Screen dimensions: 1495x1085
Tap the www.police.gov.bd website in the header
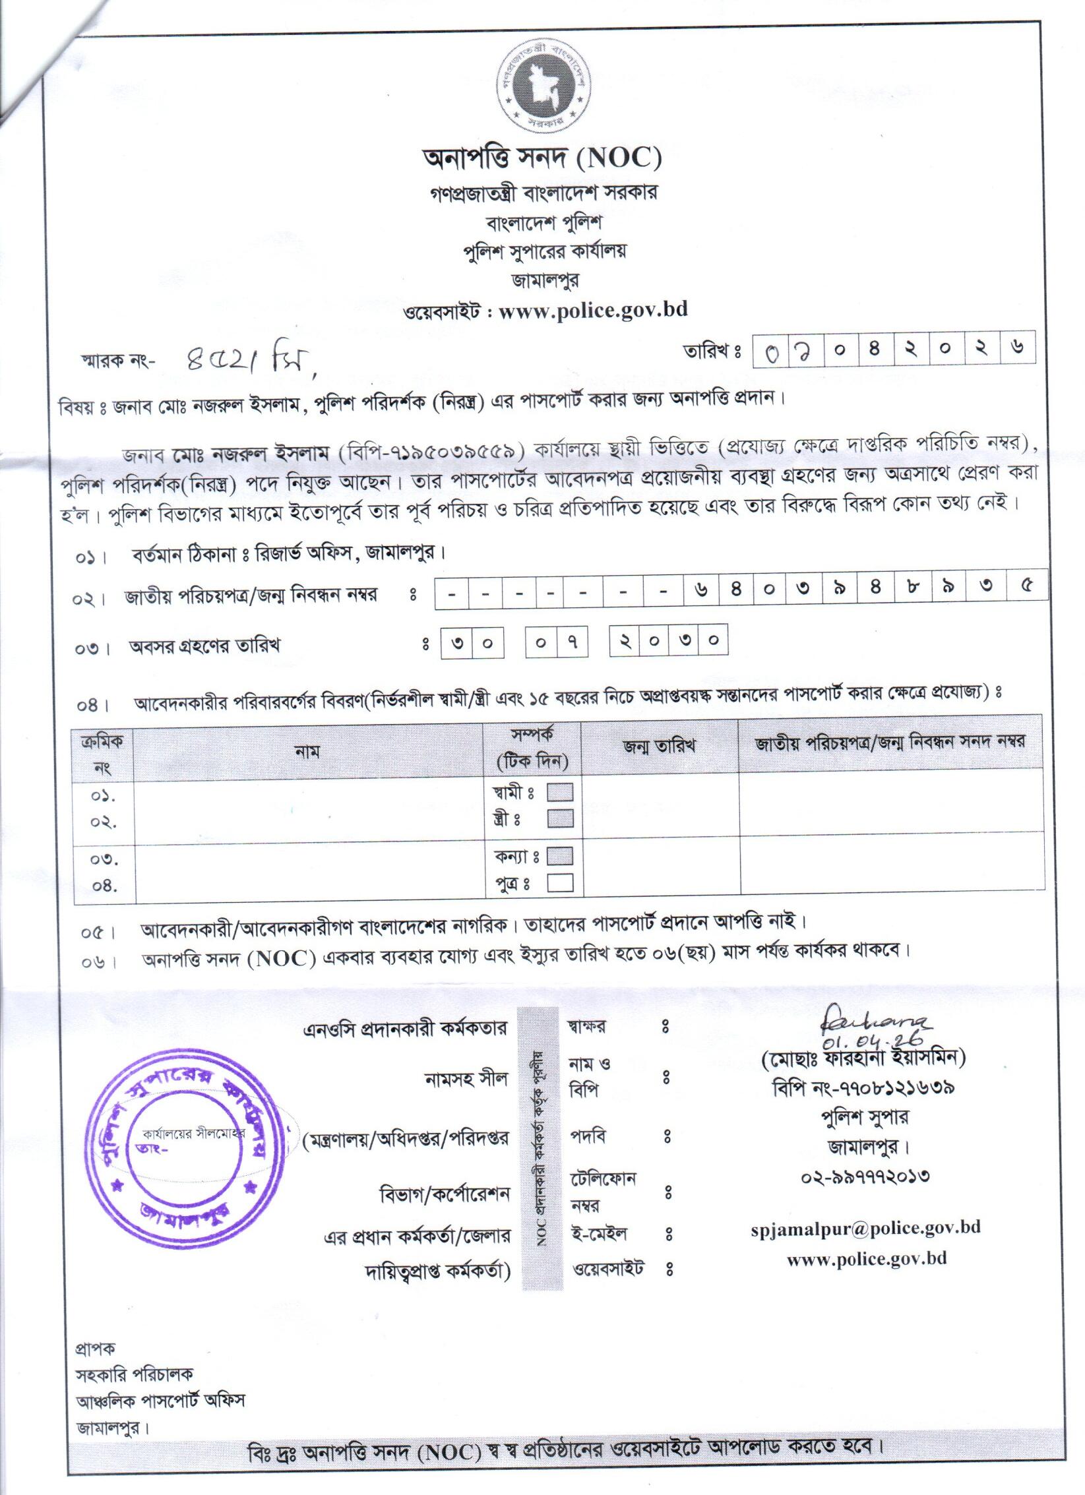pos(593,309)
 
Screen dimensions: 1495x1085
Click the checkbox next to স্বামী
pos(560,791)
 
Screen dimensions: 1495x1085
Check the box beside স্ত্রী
pos(560,818)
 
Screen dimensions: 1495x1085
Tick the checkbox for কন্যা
pos(560,856)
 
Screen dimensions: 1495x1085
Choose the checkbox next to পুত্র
pos(560,883)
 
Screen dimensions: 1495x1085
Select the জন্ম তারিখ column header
pos(658,747)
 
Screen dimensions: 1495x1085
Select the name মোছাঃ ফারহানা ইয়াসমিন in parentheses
pos(863,1077)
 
